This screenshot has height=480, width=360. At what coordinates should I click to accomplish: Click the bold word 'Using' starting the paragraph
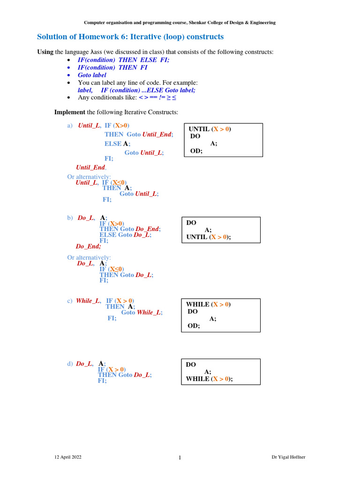click(x=45, y=52)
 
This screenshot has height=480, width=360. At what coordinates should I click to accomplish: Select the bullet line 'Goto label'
click(x=92, y=75)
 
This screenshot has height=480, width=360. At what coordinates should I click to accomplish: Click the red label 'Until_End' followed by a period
click(x=91, y=167)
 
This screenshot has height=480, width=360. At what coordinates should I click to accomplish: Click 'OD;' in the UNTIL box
click(x=196, y=150)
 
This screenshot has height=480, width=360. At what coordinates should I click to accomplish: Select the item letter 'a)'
click(x=70, y=126)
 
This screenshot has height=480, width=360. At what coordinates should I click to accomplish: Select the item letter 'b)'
click(x=70, y=218)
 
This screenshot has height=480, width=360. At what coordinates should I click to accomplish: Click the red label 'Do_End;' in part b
click(x=88, y=246)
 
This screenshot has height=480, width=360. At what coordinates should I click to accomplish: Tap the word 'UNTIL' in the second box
click(x=197, y=237)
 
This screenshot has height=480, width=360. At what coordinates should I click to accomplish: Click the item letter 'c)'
click(x=70, y=301)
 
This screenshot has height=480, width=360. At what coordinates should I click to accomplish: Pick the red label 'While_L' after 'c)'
click(x=88, y=301)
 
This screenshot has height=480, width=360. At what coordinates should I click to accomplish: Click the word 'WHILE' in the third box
click(x=197, y=304)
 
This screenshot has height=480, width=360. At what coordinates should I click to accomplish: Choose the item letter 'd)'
click(x=70, y=364)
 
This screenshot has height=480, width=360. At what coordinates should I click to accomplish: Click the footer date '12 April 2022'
click(x=68, y=457)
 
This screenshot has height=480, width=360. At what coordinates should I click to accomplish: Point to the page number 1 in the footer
click(x=180, y=458)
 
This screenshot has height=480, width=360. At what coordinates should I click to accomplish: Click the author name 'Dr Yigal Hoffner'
click(x=289, y=457)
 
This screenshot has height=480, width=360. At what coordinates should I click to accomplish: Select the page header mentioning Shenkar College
click(x=180, y=22)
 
